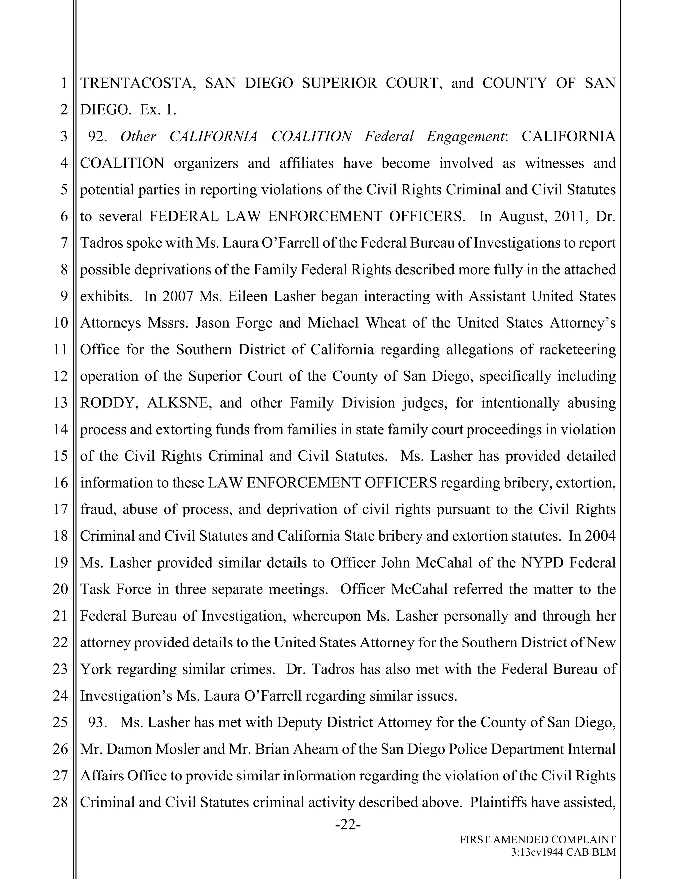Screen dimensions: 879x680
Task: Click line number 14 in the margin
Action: coord(60,430)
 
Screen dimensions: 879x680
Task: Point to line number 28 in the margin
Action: coord(60,802)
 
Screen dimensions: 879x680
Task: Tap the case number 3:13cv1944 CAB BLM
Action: coord(563,852)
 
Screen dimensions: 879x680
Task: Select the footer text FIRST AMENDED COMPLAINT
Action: coord(538,839)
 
